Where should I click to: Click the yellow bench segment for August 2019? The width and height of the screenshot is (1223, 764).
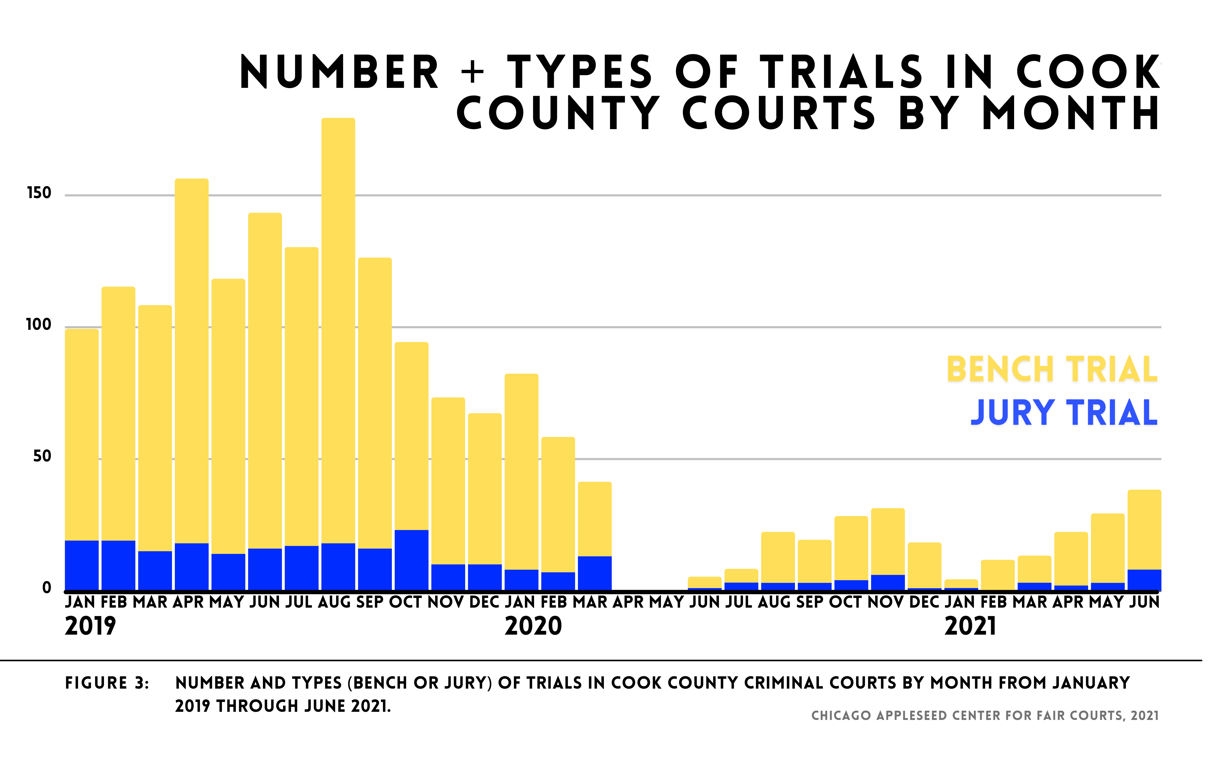click(x=338, y=329)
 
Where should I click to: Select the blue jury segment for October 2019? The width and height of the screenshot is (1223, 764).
click(x=411, y=560)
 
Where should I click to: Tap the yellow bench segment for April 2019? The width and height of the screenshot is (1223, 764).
click(x=192, y=359)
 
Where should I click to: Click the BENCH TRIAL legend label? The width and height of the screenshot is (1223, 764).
click(x=1052, y=369)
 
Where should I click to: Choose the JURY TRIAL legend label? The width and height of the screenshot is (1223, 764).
click(x=1064, y=413)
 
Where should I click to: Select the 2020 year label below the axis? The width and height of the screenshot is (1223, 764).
click(x=533, y=626)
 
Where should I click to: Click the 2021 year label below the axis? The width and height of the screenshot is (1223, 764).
click(x=970, y=626)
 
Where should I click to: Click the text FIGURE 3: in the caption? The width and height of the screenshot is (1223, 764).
click(x=107, y=683)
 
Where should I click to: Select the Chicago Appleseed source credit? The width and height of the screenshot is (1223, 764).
click(x=985, y=716)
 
